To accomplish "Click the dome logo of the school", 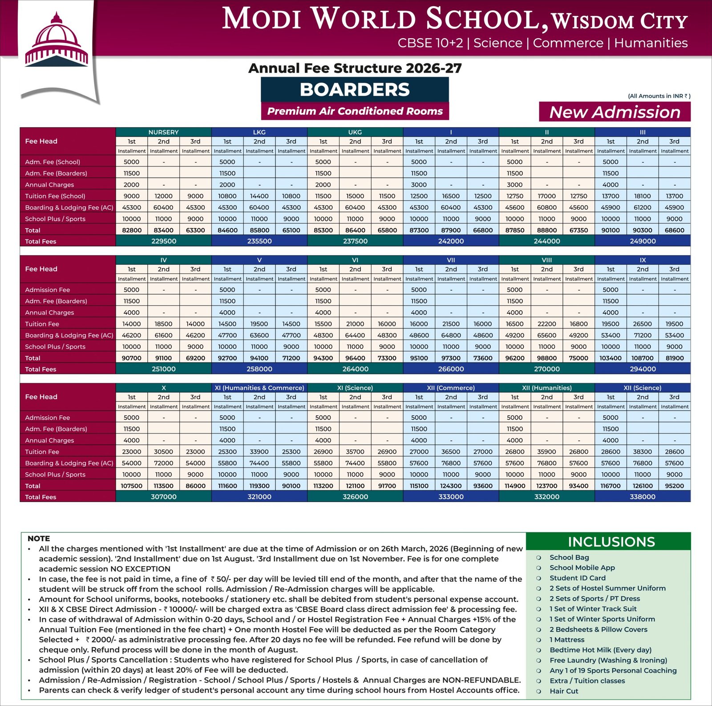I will tap(57, 42).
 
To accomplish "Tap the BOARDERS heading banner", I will tap(355, 89).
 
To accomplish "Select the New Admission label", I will tap(615, 112).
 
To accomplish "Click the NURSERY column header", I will tap(163, 132).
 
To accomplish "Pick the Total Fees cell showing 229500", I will tap(163, 241).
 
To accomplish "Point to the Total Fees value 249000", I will tap(643, 241).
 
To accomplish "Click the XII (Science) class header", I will tap(643, 388).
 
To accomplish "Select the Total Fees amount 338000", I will tap(643, 497).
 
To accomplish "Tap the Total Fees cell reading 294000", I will tap(643, 369).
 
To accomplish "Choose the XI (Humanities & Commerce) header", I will tap(259, 388).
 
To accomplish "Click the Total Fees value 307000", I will tap(163, 497).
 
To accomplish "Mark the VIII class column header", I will tap(547, 260).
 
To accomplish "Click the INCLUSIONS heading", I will tap(611, 542).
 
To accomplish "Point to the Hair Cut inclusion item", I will tap(564, 691).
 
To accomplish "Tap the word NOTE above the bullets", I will tap(39, 538).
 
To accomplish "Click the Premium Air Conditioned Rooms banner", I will tap(355, 111).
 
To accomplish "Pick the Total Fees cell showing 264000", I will tap(355, 369).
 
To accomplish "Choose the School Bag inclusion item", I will tap(569, 557).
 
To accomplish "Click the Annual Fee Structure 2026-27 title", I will tap(355, 68).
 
